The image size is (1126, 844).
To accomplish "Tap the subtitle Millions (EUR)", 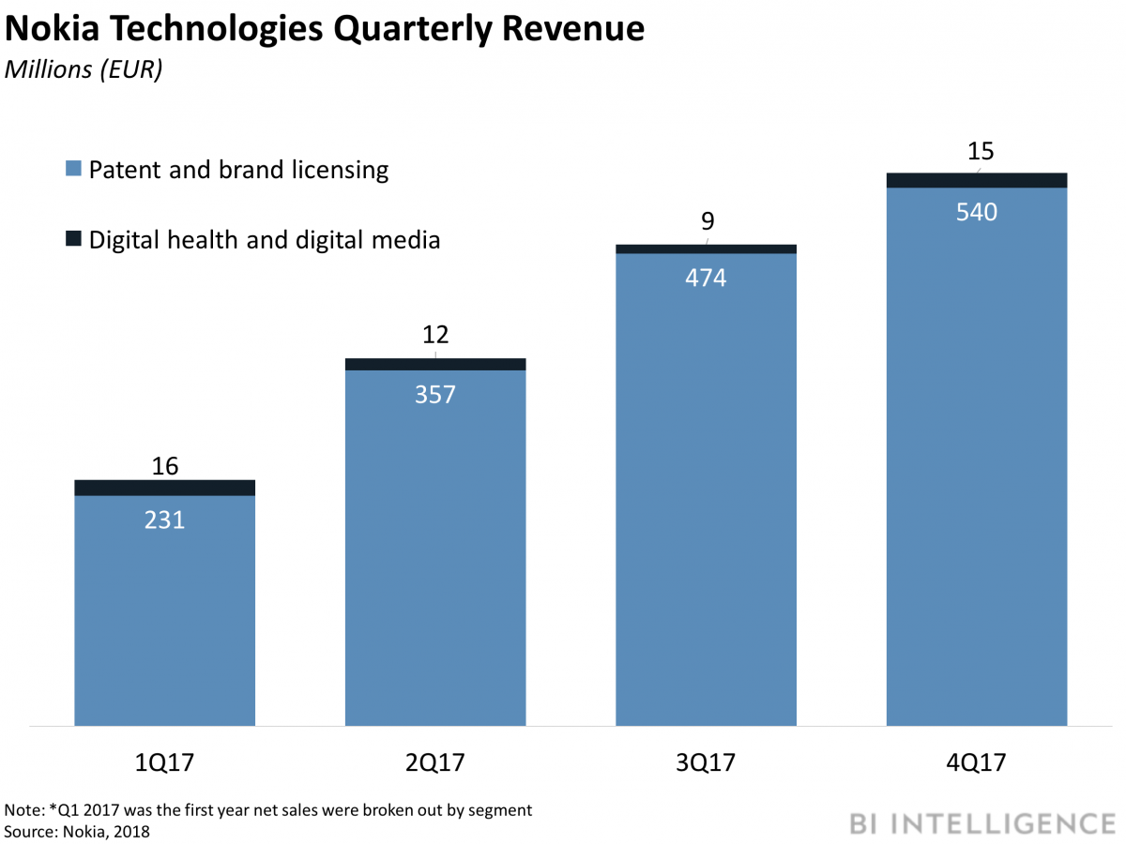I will [x=84, y=70].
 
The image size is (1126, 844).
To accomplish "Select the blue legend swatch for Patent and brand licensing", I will [x=74, y=170].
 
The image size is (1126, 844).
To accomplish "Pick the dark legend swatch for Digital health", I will [x=74, y=240].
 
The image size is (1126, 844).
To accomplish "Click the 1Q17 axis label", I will [x=164, y=762].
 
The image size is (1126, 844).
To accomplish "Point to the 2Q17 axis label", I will [x=434, y=762].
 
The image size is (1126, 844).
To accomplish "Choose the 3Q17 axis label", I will [x=706, y=762].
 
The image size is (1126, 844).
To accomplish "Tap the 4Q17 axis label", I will [x=976, y=762].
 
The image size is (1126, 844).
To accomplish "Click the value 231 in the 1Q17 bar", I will [x=164, y=520].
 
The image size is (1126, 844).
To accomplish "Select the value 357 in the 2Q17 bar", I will [x=434, y=394].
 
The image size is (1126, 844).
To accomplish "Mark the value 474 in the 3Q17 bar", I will [x=706, y=278].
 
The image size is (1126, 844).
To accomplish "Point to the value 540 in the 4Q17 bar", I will [x=976, y=212].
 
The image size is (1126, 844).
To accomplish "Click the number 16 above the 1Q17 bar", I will [x=164, y=466].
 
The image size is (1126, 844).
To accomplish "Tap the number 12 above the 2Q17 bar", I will [x=434, y=335].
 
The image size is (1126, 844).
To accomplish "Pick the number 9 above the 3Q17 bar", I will [x=708, y=221].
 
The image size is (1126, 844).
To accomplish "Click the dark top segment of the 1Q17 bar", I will [x=164, y=488].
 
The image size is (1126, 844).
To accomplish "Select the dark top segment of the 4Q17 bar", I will [x=976, y=180].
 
